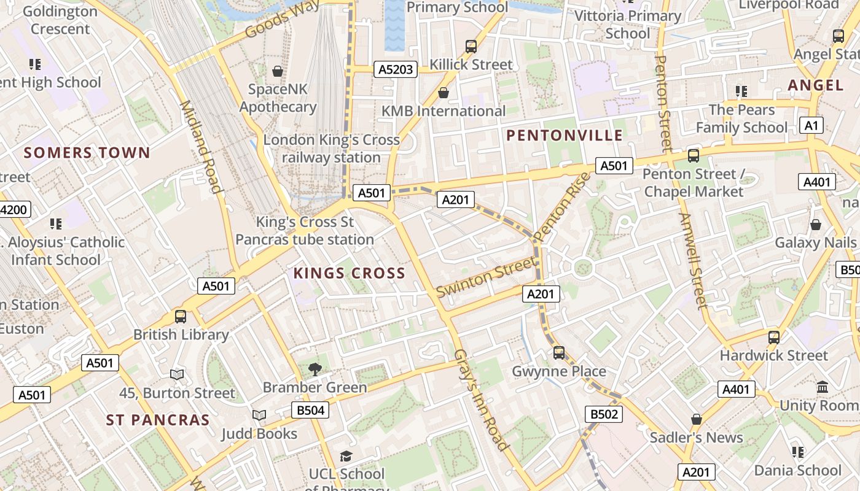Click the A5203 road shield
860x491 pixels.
click(396, 69)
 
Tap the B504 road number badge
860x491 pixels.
click(310, 410)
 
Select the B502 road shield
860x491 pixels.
click(603, 414)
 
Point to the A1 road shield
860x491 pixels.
click(812, 126)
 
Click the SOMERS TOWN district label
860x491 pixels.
click(87, 153)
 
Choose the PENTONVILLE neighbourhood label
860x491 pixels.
click(565, 136)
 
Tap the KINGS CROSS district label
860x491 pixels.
click(350, 273)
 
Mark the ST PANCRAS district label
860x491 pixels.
click(158, 420)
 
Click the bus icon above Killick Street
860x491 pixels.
click(471, 46)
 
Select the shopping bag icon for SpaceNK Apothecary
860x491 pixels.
click(278, 72)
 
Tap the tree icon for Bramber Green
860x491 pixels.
click(315, 369)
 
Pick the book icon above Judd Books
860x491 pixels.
click(259, 416)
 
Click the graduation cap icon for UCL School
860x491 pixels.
click(346, 456)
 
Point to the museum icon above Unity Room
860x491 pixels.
click(823, 387)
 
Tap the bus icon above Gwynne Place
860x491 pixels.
click(559, 353)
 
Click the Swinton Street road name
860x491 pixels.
click(485, 277)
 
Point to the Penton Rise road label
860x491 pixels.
click(561, 207)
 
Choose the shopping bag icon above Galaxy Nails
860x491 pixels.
click(816, 225)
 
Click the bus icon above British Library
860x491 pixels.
click(181, 317)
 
